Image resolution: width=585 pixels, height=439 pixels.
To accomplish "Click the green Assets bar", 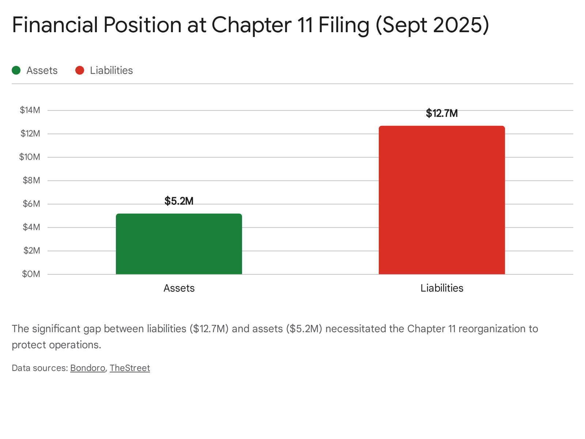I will (179, 244).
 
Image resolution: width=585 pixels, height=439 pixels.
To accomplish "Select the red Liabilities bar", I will (442, 200).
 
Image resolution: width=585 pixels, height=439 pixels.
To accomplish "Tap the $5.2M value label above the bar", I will (179, 201).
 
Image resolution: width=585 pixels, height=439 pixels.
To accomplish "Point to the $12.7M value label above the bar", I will (442, 113).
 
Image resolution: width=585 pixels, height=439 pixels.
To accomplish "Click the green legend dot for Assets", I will (16, 70).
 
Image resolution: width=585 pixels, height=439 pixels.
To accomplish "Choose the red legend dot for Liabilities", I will (80, 70).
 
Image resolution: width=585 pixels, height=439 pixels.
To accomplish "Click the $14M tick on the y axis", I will (30, 110).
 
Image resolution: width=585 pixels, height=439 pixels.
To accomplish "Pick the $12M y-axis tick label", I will (30, 134).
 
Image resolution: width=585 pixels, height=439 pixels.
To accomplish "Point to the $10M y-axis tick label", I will (30, 157).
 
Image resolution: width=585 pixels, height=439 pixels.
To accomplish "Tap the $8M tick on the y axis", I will (31, 180).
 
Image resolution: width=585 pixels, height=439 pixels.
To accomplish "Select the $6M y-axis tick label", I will (31, 204).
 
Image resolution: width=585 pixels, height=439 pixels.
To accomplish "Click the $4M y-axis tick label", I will (31, 227).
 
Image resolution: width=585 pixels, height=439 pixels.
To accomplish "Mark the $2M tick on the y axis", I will (31, 251).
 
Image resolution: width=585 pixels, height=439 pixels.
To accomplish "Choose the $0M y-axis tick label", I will (31, 274).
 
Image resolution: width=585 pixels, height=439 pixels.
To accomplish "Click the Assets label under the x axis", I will (179, 288).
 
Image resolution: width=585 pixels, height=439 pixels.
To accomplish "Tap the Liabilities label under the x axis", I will (442, 288).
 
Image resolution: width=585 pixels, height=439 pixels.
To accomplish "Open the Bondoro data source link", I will (88, 368).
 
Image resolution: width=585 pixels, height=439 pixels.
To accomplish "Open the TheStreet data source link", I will (130, 368).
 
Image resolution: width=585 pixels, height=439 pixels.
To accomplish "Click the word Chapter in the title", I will (252, 25).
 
